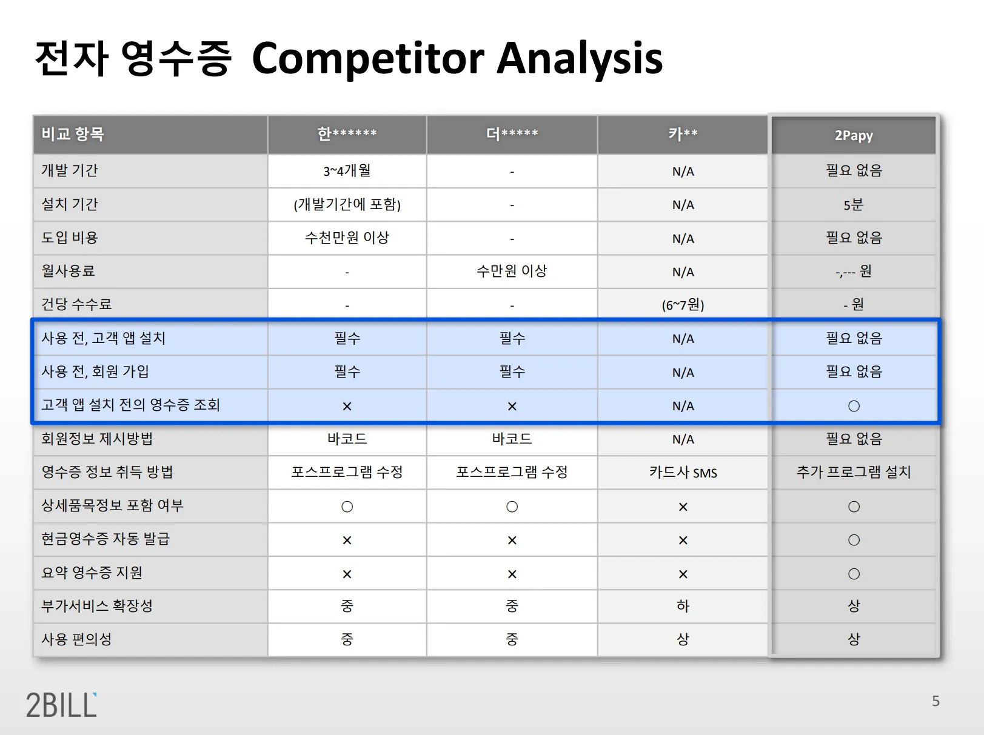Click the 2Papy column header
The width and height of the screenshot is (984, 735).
click(854, 135)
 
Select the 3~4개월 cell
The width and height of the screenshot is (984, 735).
click(347, 171)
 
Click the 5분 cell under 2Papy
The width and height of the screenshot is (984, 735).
click(854, 205)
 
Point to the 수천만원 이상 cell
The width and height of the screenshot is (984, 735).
click(347, 238)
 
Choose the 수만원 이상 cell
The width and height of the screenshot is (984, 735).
click(512, 271)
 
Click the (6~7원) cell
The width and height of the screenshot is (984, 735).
click(683, 305)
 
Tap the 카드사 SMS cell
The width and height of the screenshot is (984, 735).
click(683, 472)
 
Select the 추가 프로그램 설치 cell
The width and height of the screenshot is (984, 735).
click(854, 472)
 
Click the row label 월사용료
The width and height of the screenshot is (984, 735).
click(68, 271)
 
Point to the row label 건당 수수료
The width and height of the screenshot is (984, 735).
click(76, 305)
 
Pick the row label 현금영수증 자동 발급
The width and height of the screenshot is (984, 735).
click(105, 539)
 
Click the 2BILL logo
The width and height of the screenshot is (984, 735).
click(61, 705)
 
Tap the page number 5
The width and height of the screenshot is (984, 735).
click(935, 701)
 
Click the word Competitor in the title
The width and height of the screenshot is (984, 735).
click(368, 59)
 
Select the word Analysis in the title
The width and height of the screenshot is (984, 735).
click(580, 59)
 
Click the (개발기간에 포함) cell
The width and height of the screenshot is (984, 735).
click(347, 204)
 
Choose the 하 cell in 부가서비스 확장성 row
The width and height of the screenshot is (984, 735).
click(683, 606)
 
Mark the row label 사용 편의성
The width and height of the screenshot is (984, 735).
click(76, 639)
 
